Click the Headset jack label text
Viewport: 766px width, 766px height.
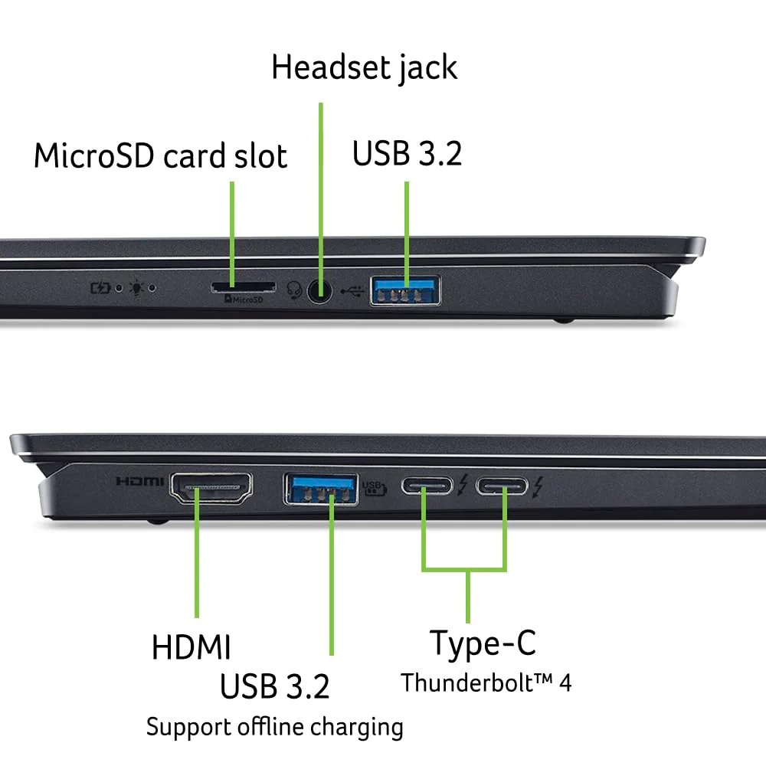(364, 68)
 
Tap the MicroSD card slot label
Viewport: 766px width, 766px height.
(160, 155)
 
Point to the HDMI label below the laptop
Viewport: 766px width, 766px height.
(191, 647)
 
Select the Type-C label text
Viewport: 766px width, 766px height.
(483, 644)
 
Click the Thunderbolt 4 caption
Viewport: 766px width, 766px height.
(486, 683)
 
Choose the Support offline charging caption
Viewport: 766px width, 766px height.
(274, 728)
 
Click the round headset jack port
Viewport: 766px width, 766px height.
(320, 292)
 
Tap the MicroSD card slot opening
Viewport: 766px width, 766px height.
(243, 286)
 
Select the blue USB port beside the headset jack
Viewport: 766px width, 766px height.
(405, 290)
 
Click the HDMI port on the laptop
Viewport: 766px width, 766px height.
(211, 487)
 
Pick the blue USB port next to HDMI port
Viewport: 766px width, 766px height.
(320, 489)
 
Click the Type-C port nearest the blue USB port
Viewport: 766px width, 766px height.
(427, 486)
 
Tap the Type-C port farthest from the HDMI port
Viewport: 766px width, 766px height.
(502, 486)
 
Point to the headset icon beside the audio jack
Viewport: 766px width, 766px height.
(294, 290)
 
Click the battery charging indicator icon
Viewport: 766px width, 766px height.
(100, 288)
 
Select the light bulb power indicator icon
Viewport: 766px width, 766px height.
(136, 288)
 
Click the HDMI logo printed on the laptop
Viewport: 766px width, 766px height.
(139, 482)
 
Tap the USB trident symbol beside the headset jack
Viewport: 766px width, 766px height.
(352, 291)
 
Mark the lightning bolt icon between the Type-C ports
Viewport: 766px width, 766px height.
(463, 485)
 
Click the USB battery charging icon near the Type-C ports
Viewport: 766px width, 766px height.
(375, 487)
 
